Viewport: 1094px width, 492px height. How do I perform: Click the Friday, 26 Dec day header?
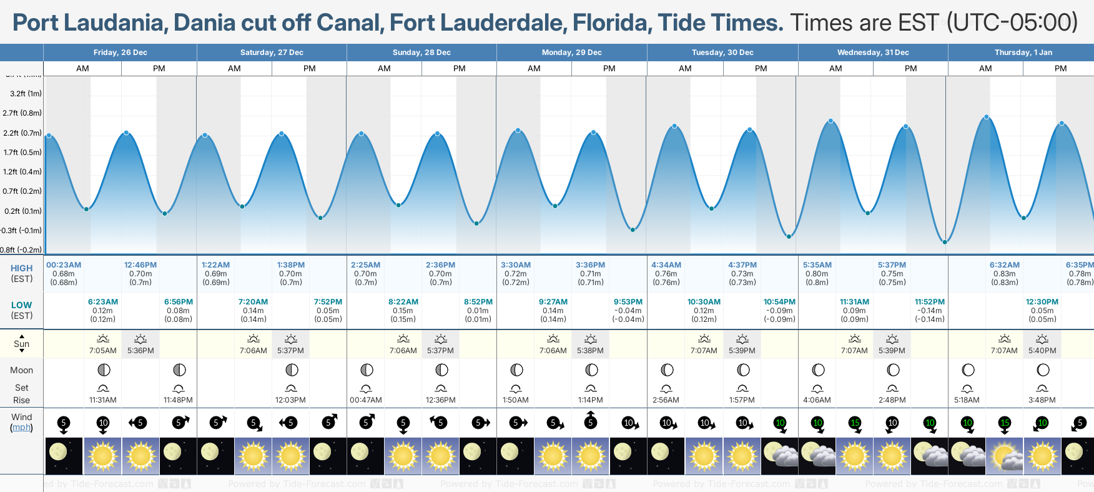pos(120,53)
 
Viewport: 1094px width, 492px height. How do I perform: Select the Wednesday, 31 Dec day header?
pos(872,53)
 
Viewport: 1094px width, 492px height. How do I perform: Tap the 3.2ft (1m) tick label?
pos(26,94)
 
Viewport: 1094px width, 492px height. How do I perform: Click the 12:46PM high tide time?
pos(140,265)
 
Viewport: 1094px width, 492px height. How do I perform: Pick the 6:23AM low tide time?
pos(103,302)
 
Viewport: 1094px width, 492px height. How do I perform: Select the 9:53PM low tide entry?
pos(628,302)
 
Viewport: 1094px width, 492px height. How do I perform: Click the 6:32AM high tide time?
pos(1004,265)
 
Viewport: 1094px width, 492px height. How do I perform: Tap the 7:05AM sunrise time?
pos(103,351)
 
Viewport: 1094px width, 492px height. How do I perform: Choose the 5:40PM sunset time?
pos(1042,351)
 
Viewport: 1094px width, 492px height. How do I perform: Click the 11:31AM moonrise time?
pos(103,400)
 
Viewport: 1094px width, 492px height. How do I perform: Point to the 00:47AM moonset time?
pos(366,400)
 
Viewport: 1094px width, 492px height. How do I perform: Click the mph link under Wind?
pos(22,428)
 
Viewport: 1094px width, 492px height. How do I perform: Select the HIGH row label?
pos(22,268)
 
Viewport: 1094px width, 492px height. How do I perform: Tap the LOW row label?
pos(22,305)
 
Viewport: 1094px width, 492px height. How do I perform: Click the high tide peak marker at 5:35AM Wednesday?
pos(830,121)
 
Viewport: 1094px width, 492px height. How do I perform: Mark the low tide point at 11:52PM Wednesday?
pos(945,242)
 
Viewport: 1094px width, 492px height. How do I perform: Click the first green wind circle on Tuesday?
pos(780,423)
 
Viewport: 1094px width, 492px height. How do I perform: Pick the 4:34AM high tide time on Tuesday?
pos(666,265)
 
